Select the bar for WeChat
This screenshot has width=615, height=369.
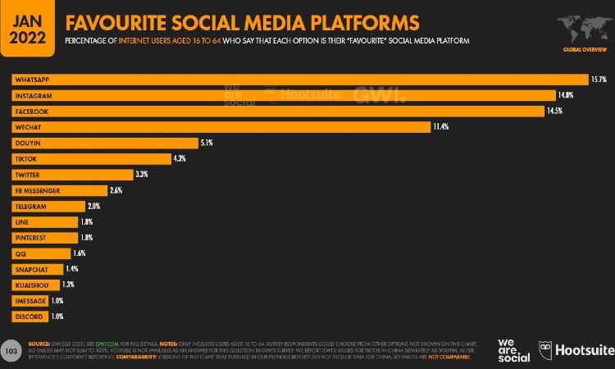click(221, 127)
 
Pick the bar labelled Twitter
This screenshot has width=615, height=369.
click(72, 175)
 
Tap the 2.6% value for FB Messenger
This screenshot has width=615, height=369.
click(116, 190)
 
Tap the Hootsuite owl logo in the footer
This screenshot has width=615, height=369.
click(547, 350)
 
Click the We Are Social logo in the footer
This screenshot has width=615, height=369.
click(512, 348)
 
